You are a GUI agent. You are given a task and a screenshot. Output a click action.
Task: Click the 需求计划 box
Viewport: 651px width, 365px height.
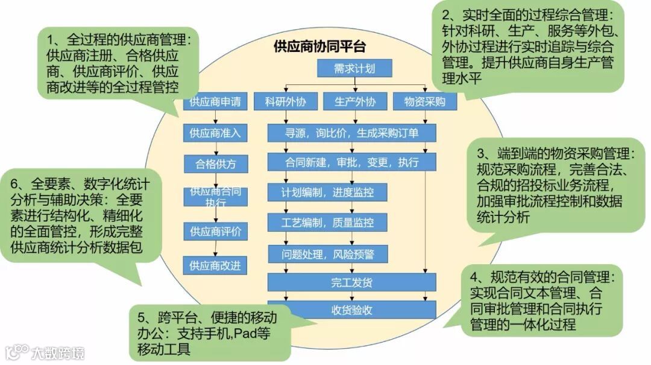point(354,69)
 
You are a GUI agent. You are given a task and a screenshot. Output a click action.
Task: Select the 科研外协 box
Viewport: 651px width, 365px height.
point(286,102)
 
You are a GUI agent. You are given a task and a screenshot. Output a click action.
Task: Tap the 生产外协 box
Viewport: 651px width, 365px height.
point(354,102)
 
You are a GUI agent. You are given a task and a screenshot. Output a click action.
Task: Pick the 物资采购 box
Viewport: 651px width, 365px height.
point(424,102)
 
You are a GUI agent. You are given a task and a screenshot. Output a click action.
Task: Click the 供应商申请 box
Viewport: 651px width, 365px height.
point(215,102)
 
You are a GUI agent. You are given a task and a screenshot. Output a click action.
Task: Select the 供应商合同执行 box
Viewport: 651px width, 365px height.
point(215,197)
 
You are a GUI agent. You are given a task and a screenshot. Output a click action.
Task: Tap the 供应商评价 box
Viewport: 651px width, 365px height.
point(215,232)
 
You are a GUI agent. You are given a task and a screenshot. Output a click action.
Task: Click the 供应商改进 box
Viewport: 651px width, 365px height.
point(215,265)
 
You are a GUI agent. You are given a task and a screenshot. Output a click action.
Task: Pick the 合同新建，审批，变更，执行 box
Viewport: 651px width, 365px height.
point(351,162)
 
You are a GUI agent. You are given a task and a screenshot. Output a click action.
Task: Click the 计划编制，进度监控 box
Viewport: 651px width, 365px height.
point(327,192)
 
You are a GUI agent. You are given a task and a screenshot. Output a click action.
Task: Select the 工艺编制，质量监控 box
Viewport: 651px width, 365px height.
point(327,223)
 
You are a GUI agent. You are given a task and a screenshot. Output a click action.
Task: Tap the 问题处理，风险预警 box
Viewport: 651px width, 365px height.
point(327,254)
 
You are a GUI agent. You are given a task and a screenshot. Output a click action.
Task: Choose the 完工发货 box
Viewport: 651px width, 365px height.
point(351,282)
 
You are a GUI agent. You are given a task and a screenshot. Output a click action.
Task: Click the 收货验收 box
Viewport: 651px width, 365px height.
point(351,310)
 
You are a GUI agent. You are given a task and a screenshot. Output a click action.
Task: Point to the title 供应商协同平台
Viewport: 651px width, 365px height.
point(319,46)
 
